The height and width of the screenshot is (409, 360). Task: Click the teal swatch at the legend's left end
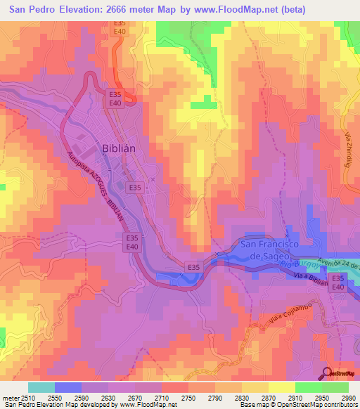coord(41,387)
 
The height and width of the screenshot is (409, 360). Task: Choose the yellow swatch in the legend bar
coord(281,387)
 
